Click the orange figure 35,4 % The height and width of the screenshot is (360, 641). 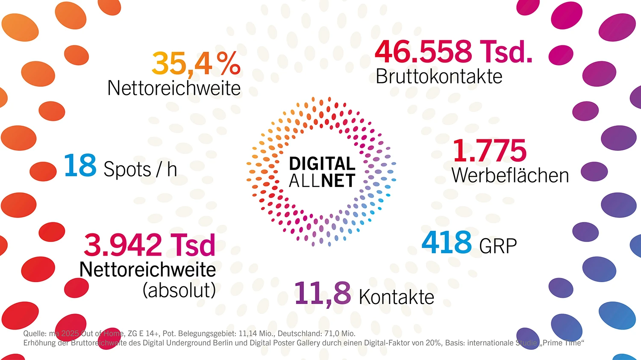pos(196,64)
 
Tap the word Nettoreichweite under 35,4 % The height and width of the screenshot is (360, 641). pos(173,89)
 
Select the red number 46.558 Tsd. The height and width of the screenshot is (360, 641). pos(453,52)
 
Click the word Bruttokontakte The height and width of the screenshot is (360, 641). pos(439,77)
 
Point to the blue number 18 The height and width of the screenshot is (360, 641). pos(80,166)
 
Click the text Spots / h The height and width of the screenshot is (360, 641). pos(140,170)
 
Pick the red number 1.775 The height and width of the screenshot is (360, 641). pos(489,150)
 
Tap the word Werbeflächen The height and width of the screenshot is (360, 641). pos(510,175)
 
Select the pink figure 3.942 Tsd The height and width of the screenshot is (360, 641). pos(149,245)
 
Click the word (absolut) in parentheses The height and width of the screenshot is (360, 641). pos(179,290)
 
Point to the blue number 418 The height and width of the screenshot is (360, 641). pos(447,242)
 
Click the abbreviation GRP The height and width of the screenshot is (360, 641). pos(498,246)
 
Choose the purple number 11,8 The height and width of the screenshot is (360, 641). pos(323,294)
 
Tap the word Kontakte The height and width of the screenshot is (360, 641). pos(397,297)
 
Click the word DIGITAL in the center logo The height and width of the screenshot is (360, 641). pos(322,164)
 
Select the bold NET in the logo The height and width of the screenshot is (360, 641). pos(338,181)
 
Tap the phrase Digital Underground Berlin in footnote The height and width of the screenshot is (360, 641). pos(187,343)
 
